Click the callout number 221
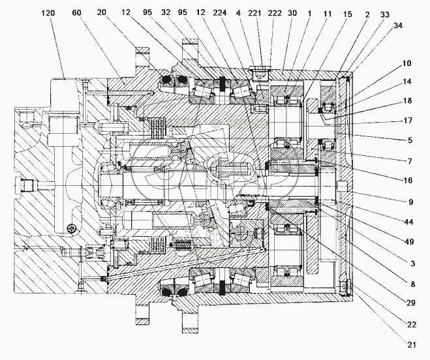[x=256, y=13]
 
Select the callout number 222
[x=274, y=13]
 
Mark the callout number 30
[x=292, y=13]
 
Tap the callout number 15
[x=348, y=13]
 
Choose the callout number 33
[x=385, y=13]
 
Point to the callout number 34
[x=398, y=25]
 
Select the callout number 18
[x=407, y=100]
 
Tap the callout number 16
[x=407, y=176]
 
